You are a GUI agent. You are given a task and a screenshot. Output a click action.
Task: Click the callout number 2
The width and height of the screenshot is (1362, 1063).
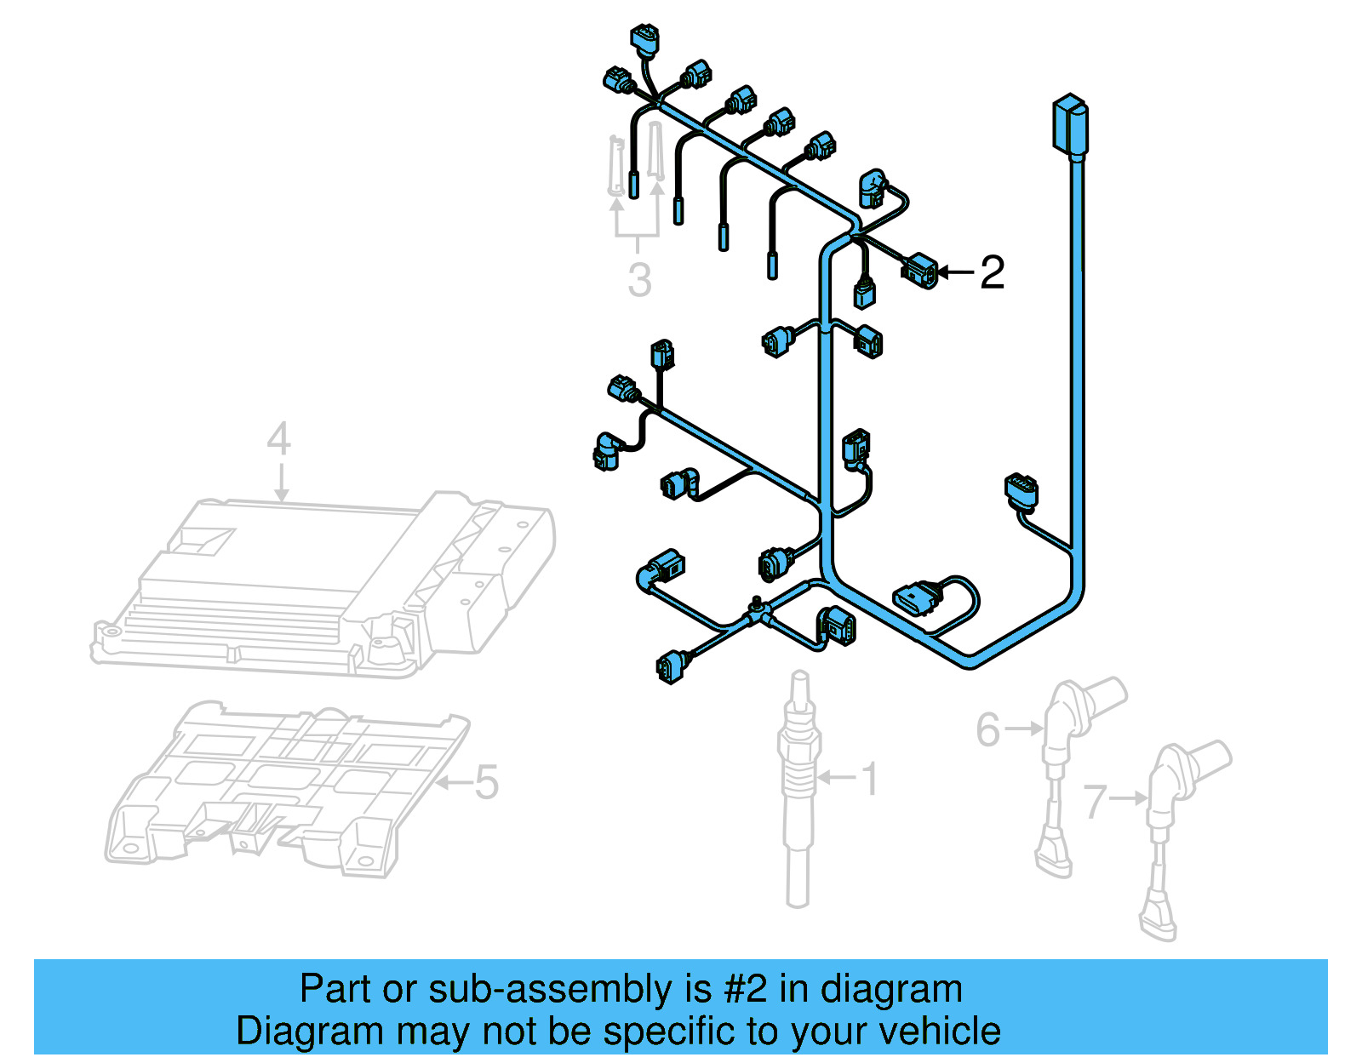tap(992, 273)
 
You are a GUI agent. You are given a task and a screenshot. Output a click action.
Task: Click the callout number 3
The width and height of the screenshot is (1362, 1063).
tap(639, 281)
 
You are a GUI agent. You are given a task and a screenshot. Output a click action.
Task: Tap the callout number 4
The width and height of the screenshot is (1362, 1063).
tap(279, 440)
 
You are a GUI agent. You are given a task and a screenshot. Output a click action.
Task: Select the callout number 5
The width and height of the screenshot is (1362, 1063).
tap(486, 782)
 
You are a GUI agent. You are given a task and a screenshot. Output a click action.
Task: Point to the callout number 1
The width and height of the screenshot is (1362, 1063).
tap(869, 779)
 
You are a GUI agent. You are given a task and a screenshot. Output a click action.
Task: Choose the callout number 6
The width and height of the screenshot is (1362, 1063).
tap(987, 730)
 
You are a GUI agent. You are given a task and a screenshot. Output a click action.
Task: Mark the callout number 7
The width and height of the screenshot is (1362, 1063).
tap(1095, 801)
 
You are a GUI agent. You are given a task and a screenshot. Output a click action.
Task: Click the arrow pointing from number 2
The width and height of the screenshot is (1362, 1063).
tap(955, 273)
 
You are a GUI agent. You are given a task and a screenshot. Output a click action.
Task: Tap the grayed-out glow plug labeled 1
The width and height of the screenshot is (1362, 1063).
tap(798, 792)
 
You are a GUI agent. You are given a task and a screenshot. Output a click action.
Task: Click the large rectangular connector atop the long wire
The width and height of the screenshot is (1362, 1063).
tap(1070, 126)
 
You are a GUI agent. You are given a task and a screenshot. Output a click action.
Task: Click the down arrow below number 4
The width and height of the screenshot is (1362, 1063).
tap(281, 485)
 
